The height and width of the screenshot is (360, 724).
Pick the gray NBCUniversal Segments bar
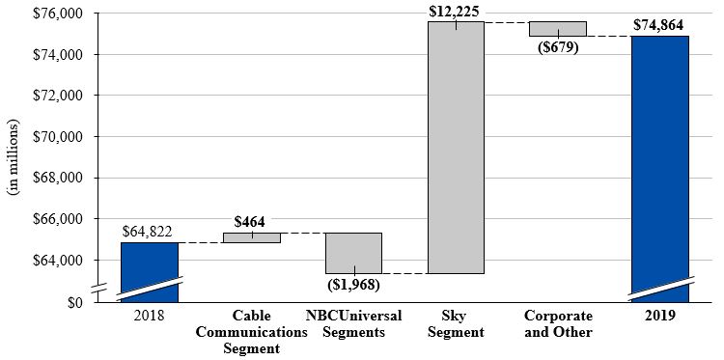[x=353, y=253]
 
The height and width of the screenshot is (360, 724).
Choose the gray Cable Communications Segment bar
[x=252, y=237]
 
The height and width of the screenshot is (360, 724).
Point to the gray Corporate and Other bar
[x=557, y=28]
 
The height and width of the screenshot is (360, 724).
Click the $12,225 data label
[x=456, y=11]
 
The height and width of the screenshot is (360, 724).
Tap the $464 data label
[x=252, y=221]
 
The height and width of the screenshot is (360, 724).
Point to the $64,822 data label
[x=149, y=232]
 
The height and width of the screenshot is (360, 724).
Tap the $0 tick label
[x=75, y=302]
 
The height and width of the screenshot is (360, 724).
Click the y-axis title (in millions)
[x=14, y=157]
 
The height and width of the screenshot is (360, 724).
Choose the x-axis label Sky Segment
[x=456, y=323]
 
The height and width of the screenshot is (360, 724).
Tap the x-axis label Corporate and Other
[x=557, y=323]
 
